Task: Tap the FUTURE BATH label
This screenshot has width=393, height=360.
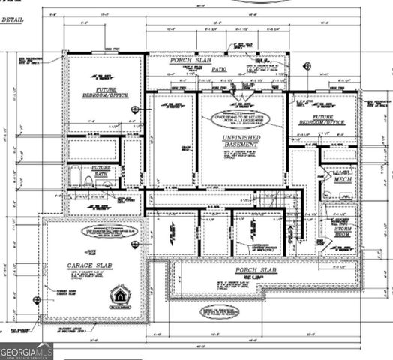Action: (x=100, y=172)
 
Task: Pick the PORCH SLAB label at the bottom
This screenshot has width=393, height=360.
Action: (x=257, y=269)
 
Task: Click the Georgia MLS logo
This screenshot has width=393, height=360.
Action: (x=27, y=349)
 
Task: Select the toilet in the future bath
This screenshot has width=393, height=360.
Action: (x=88, y=181)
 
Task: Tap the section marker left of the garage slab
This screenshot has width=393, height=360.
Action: (x=36, y=300)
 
